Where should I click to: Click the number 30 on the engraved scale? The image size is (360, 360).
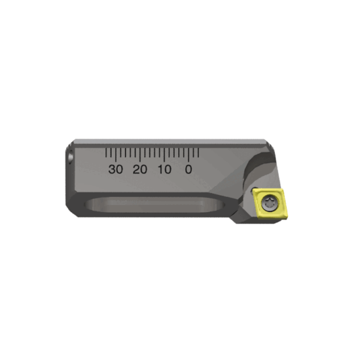click(x=116, y=169)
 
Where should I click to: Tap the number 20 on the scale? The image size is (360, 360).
click(x=140, y=169)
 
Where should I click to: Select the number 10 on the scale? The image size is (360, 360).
click(x=164, y=169)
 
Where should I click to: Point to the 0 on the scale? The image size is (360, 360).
click(x=189, y=169)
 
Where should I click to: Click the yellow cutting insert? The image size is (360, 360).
click(x=268, y=204)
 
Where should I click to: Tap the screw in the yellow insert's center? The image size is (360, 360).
click(x=268, y=204)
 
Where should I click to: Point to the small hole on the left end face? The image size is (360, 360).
click(x=69, y=158)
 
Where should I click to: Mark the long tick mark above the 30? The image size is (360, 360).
click(x=116, y=155)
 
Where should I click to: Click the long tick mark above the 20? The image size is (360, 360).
click(x=140, y=155)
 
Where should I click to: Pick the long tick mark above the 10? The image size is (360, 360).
click(x=164, y=155)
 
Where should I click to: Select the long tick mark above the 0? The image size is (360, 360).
click(x=189, y=155)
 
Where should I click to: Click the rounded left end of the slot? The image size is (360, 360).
click(x=94, y=206)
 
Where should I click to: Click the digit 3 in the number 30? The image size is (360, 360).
click(x=112, y=169)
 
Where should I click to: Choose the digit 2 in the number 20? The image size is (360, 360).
click(x=136, y=169)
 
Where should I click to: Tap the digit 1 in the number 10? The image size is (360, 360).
click(x=160, y=169)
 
